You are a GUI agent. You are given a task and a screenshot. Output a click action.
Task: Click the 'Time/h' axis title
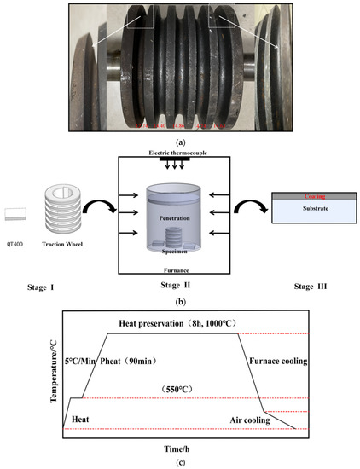178,449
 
